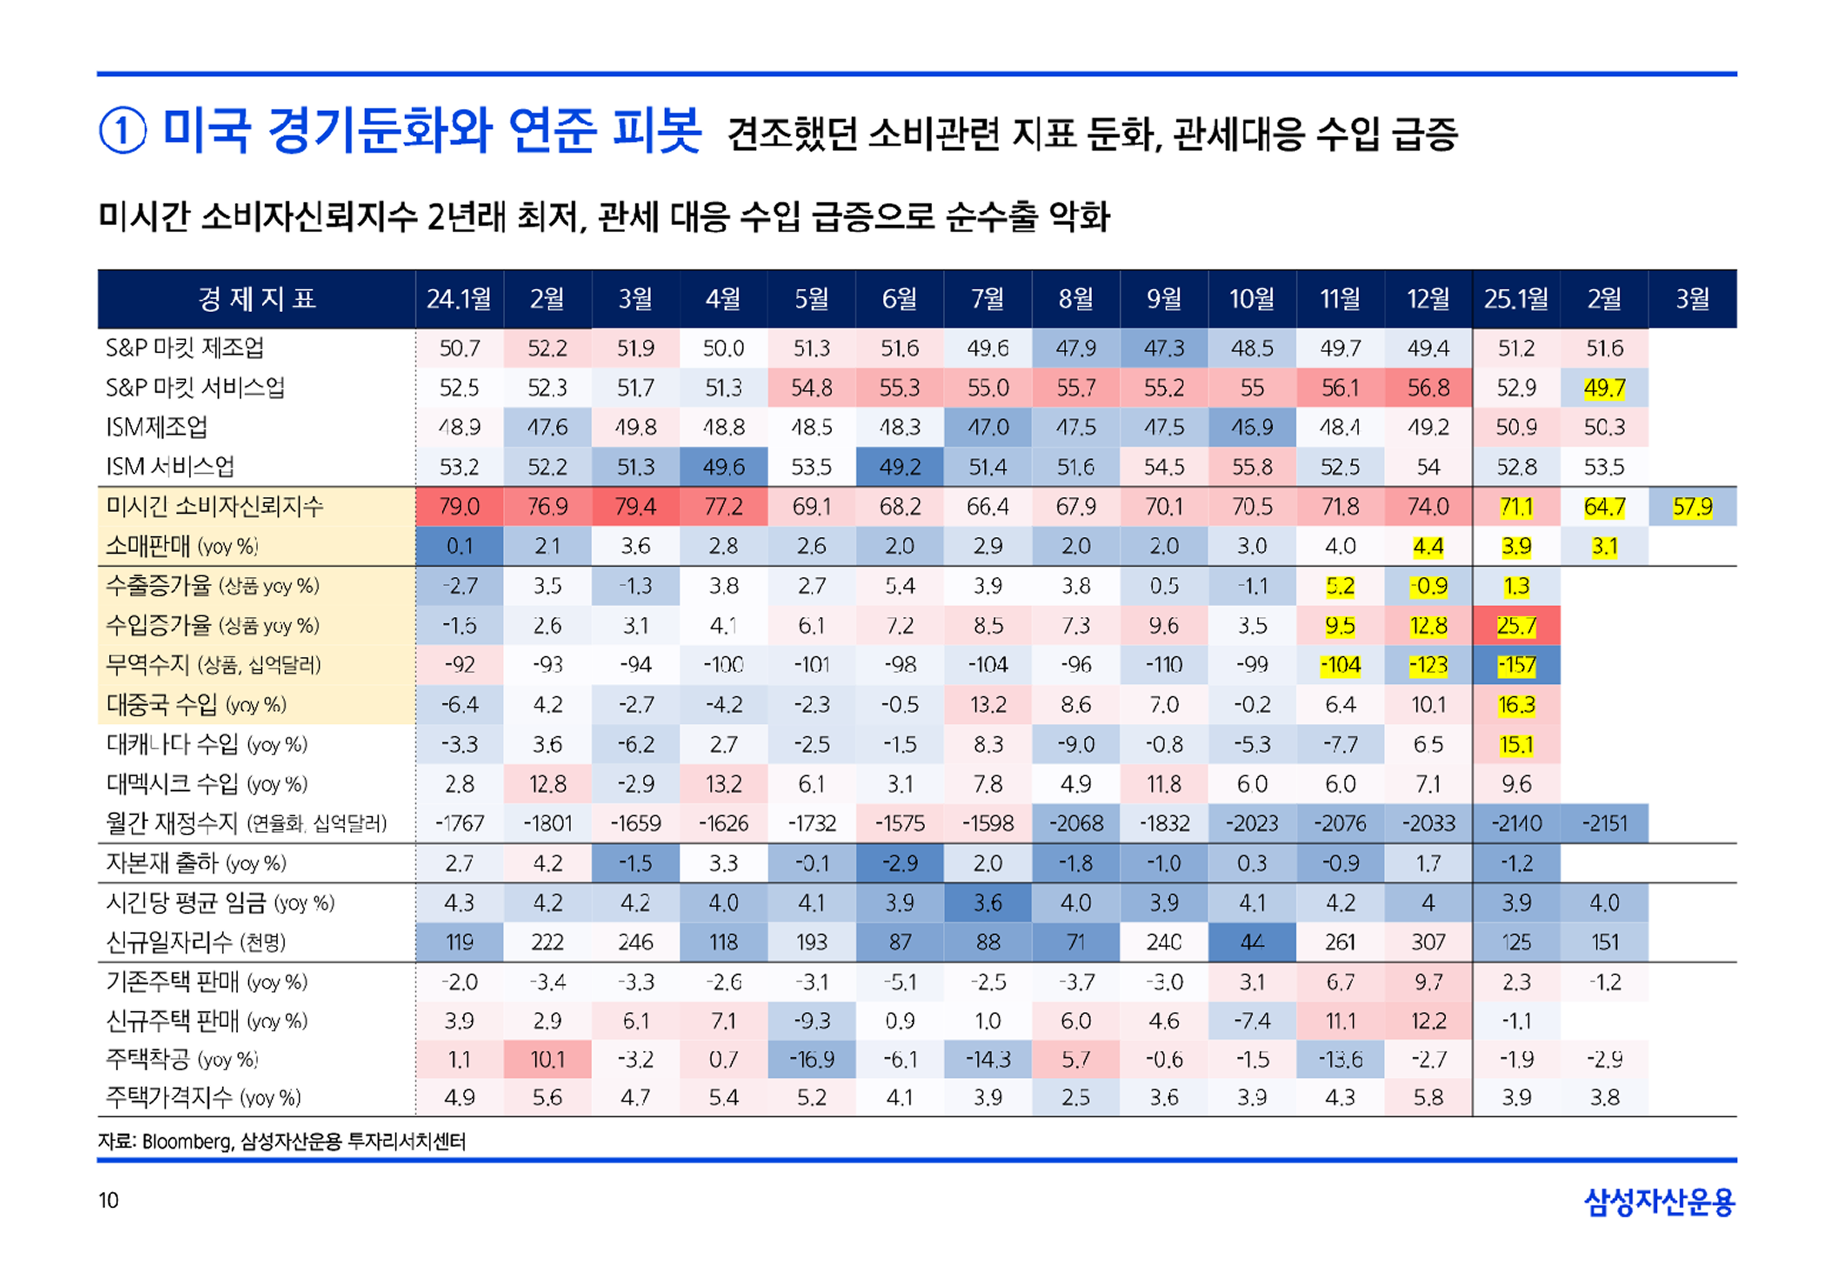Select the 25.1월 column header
click(x=1515, y=299)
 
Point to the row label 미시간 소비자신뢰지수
click(x=215, y=506)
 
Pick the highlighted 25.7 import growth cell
click(x=1516, y=626)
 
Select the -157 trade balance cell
click(x=1516, y=665)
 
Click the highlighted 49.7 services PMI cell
click(x=1604, y=388)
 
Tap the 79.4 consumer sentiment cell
click(x=635, y=507)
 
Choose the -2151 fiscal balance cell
click(x=1604, y=824)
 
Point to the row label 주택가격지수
click(x=203, y=1098)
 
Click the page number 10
click(x=108, y=1200)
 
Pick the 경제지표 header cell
click(x=256, y=299)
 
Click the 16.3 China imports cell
click(x=1516, y=705)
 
